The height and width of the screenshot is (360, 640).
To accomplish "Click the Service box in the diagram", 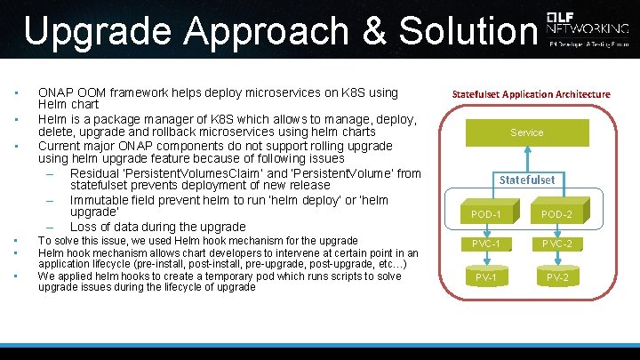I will tap(526, 132).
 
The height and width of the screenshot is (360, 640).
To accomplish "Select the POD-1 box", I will tap(486, 215).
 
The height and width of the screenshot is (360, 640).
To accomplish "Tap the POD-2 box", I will tap(556, 215).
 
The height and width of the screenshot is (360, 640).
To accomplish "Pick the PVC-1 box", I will tap(486, 244).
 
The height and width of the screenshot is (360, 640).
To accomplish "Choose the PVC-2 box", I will tap(556, 244).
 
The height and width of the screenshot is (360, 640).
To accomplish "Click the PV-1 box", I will tap(486, 277).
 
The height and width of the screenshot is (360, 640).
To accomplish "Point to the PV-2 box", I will tap(556, 277).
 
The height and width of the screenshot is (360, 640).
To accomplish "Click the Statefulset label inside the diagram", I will tap(526, 180).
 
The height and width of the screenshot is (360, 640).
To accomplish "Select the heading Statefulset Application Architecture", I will tap(531, 94).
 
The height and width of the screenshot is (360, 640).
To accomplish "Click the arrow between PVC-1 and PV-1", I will tap(486, 260).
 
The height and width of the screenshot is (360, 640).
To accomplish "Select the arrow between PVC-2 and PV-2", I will tap(556, 260).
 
